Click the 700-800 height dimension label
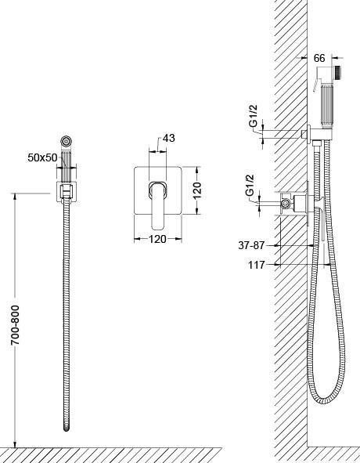coord(15,325)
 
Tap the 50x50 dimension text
coord(42,157)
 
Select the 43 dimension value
coord(169,138)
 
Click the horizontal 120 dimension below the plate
coord(157,239)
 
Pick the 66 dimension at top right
coord(319,58)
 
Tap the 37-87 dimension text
coord(251,245)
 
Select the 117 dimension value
coord(257,265)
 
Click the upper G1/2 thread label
coord(254,116)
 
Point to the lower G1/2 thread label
coord(250,185)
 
